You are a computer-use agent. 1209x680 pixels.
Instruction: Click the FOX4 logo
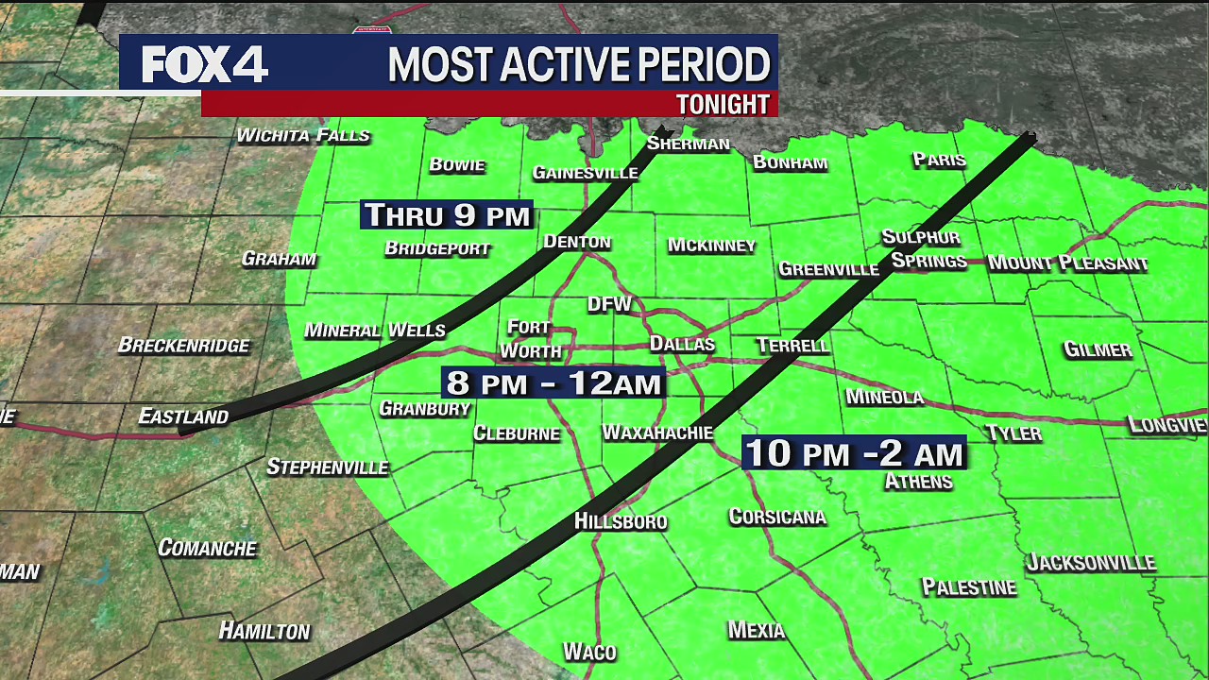click(205, 64)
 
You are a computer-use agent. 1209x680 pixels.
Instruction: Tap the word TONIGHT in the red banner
click(723, 104)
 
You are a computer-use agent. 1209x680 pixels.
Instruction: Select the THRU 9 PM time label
click(447, 215)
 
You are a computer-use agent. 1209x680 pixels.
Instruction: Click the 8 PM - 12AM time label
click(553, 382)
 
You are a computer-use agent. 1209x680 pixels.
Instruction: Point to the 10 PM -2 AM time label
click(854, 453)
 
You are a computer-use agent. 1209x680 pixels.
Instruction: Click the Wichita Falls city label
click(302, 135)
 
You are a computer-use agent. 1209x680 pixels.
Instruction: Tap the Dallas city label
click(682, 344)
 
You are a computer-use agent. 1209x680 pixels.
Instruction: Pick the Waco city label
click(589, 652)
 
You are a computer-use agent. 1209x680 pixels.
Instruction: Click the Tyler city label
click(1013, 433)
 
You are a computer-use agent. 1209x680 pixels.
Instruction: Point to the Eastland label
click(183, 416)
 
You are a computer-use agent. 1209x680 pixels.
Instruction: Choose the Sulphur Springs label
click(924, 249)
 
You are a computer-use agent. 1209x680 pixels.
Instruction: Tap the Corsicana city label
click(777, 517)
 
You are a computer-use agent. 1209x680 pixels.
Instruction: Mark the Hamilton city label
click(264, 631)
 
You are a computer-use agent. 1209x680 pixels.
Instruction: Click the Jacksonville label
click(1091, 563)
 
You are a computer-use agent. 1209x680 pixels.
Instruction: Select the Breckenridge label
click(183, 345)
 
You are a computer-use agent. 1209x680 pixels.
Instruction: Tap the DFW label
click(609, 304)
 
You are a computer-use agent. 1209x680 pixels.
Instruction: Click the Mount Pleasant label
click(1067, 263)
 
